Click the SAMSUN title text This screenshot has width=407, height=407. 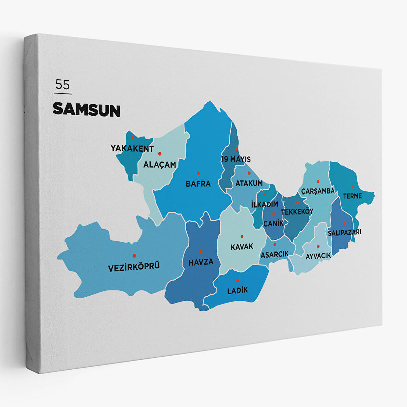click(86, 110)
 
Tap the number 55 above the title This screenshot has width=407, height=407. click(62, 85)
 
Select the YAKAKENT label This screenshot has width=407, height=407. click(132, 148)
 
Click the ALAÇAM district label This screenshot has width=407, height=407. click(159, 165)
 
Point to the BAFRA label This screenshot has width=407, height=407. click(198, 183)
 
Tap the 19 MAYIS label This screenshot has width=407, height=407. click(236, 159)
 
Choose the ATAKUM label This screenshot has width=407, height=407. click(249, 183)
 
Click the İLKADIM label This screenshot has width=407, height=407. click(265, 204)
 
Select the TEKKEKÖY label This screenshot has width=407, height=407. click(297, 212)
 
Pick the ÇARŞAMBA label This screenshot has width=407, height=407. click(318, 191)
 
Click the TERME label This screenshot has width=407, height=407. click(352, 196)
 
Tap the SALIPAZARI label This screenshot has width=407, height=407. click(344, 232)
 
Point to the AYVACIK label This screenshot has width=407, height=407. click(318, 256)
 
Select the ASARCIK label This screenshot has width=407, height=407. click(275, 254)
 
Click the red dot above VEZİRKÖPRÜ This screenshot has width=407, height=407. click(134, 256)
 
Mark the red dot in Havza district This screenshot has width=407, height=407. click(201, 251)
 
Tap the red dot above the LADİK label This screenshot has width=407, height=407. click(237, 280)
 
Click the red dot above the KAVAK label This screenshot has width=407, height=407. click(242, 237)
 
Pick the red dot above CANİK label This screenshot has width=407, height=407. click(273, 214)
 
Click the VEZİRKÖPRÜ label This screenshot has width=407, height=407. click(134, 267)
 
